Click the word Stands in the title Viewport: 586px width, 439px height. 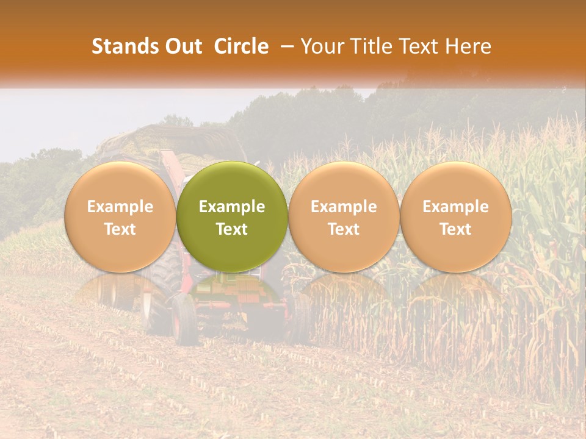tap(126, 46)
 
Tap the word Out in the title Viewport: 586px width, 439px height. tap(182, 46)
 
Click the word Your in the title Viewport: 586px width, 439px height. tap(320, 46)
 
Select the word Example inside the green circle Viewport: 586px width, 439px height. tap(232, 207)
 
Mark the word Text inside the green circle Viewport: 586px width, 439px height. tap(232, 229)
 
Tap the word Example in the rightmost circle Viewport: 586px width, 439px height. tap(456, 207)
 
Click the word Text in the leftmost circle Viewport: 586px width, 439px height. tap(120, 229)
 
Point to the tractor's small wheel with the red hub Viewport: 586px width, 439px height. tap(183, 317)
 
